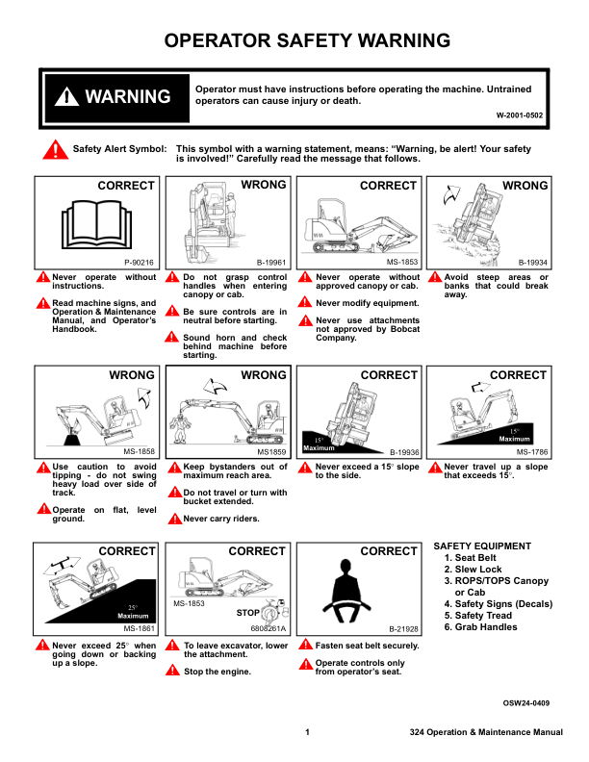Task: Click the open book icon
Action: click(96, 224)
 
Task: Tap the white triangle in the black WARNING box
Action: click(66, 96)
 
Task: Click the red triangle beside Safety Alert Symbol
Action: click(56, 150)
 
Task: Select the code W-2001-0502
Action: click(520, 115)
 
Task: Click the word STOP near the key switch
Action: click(248, 613)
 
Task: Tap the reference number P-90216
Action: click(139, 263)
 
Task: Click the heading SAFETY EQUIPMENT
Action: click(482, 546)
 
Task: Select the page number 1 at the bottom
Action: click(307, 732)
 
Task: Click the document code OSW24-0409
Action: click(526, 702)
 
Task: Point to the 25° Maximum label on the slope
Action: click(133, 612)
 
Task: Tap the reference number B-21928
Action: click(403, 629)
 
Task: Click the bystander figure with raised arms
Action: click(180, 427)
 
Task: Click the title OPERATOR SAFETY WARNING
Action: click(307, 40)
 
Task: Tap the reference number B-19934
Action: click(532, 263)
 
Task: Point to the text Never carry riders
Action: click(221, 519)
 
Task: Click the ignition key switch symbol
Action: click(270, 612)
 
